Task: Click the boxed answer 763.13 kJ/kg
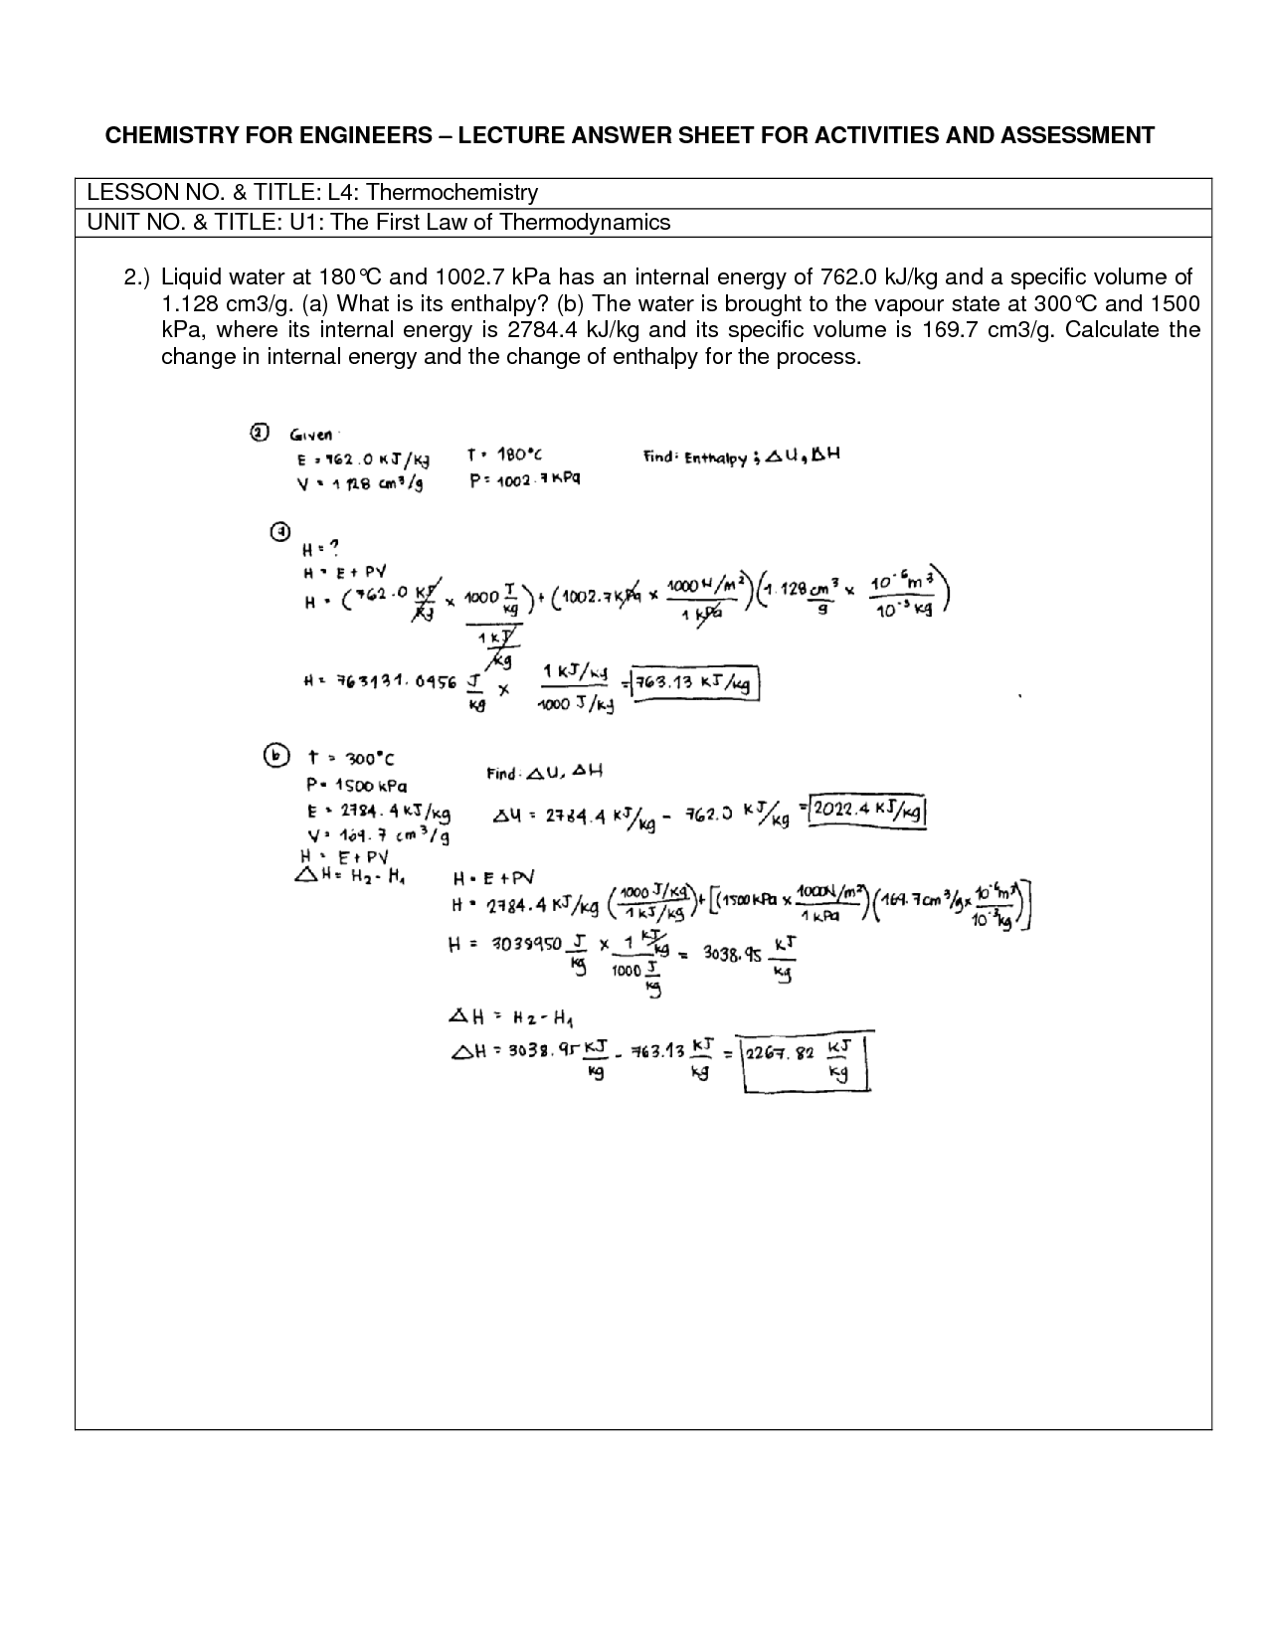pyautogui.click(x=697, y=684)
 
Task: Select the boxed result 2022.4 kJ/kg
pyautogui.click(x=869, y=813)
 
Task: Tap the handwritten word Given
pyautogui.click(x=312, y=435)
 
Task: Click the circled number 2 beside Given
pyautogui.click(x=258, y=433)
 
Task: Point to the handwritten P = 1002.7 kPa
pyautogui.click(x=524, y=479)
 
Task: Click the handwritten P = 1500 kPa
pyautogui.click(x=356, y=785)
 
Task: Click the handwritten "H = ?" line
pyautogui.click(x=321, y=547)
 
